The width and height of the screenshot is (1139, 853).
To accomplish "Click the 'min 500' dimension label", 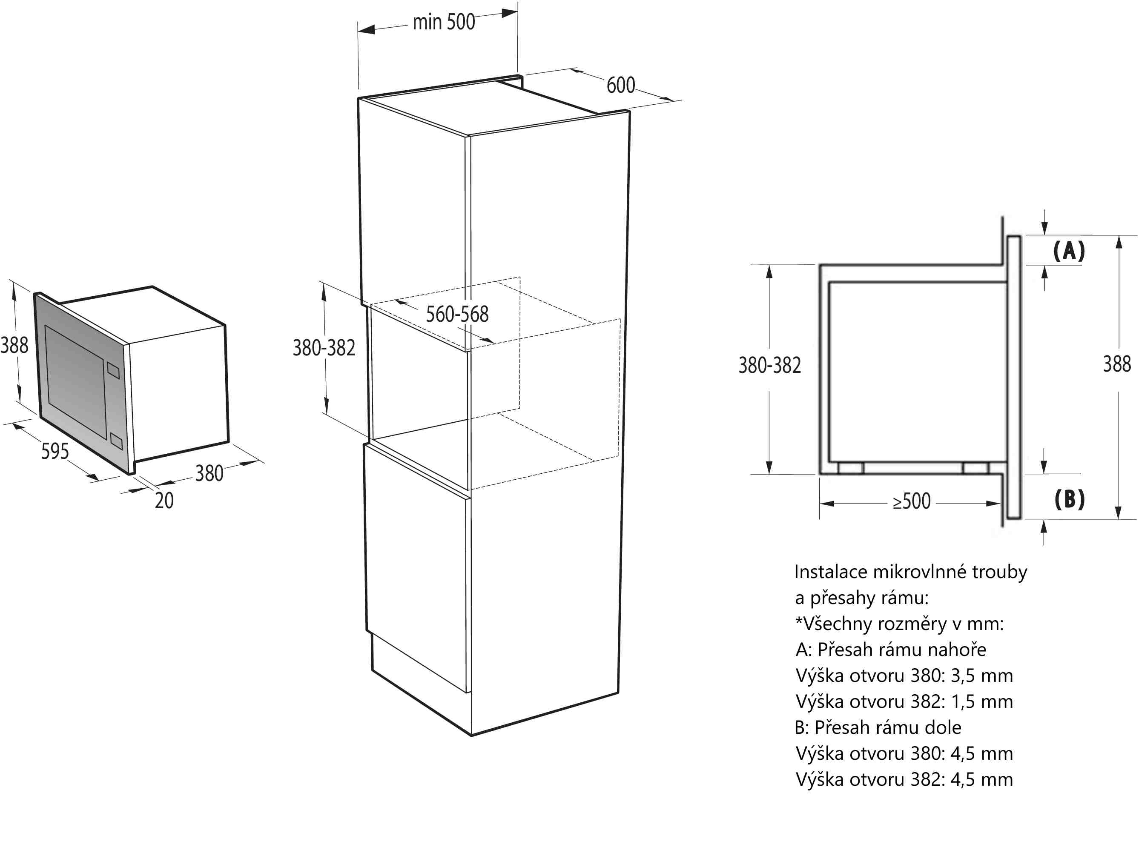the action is click(443, 22).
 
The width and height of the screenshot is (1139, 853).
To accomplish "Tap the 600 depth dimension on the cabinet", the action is click(620, 85).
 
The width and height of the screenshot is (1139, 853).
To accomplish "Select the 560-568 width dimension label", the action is click(457, 314).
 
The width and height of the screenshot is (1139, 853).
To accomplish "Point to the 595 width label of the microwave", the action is click(55, 451).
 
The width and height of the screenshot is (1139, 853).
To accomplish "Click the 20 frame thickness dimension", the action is click(164, 501).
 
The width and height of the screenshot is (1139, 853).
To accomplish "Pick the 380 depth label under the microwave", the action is click(209, 473).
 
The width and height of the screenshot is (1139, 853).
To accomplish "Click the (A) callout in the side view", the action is click(1069, 251).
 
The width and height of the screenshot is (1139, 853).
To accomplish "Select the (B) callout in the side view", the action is click(1070, 499).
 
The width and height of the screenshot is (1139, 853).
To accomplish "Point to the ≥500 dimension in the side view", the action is click(911, 501).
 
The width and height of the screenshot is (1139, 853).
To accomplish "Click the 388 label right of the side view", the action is click(1117, 364).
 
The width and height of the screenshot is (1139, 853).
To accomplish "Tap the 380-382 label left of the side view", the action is click(770, 365).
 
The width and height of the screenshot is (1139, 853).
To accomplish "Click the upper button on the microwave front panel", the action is click(113, 370).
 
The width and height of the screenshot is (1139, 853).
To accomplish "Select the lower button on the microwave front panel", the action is click(116, 441).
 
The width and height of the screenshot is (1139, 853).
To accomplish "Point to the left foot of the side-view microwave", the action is click(851, 468).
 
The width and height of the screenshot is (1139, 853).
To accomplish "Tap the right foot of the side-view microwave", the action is click(975, 468).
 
